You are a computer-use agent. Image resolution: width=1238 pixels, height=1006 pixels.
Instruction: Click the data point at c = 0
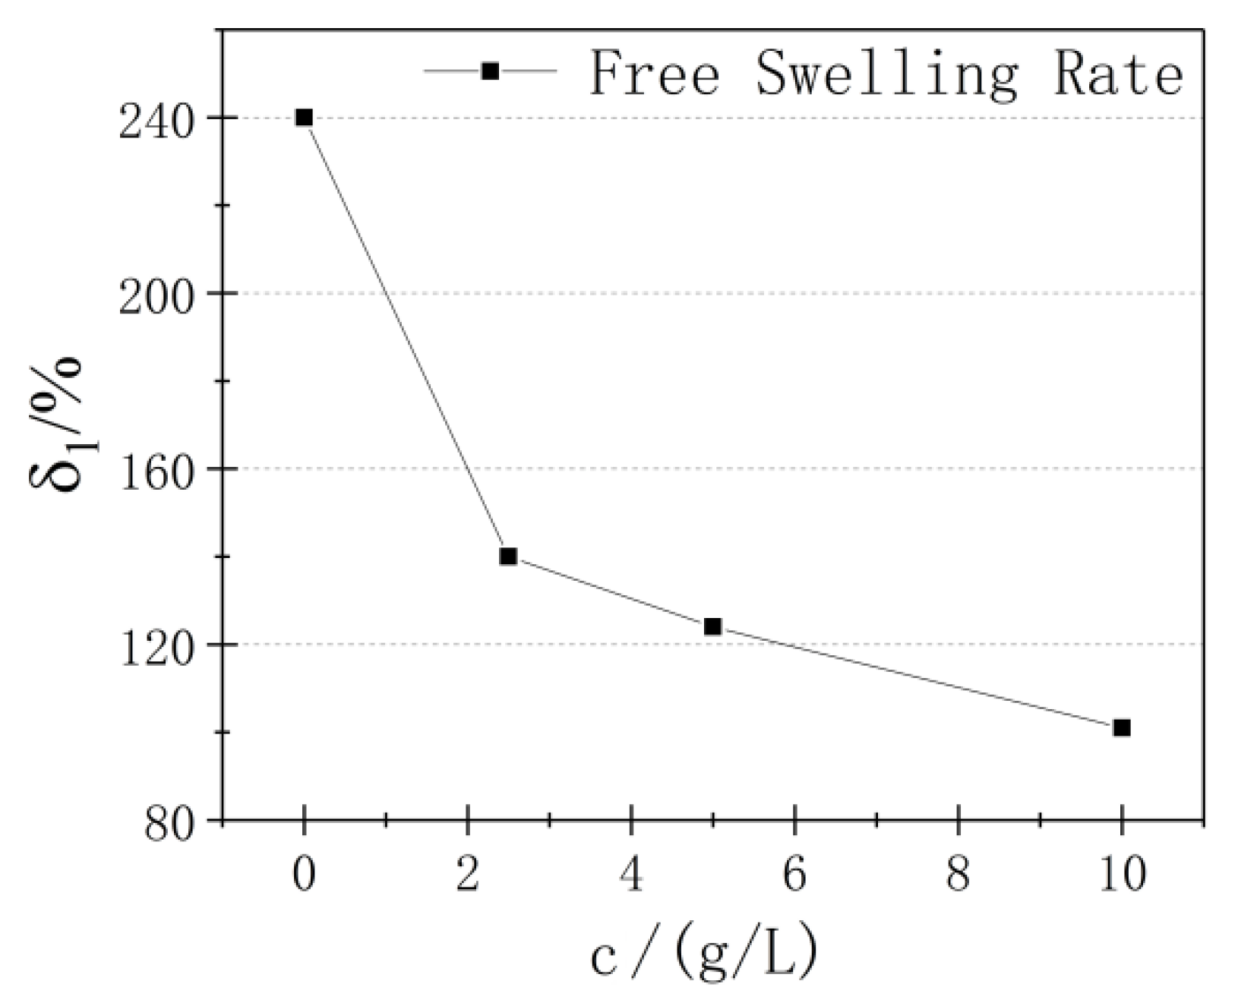pos(304,118)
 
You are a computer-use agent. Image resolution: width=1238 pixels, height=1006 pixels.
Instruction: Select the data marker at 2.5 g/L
pos(508,557)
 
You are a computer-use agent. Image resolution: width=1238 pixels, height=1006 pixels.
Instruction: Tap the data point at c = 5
pos(712,626)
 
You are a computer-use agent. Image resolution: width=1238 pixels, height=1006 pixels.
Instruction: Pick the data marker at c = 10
pos(1121,727)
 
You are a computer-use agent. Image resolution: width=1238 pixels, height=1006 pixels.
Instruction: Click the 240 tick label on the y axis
pos(163,119)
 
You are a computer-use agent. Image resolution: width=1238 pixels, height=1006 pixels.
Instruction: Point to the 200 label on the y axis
pos(163,295)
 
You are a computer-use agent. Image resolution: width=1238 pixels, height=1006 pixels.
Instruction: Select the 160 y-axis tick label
pos(163,470)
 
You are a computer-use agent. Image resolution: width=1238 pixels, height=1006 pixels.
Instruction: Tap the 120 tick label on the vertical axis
pos(163,645)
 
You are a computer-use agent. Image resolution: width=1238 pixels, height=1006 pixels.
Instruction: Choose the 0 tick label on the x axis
pos(304,875)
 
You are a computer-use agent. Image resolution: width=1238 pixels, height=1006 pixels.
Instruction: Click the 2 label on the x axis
pos(467,875)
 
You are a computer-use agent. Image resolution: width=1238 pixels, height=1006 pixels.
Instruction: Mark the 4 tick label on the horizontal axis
pos(631,875)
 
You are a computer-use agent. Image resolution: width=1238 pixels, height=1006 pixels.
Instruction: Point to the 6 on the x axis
pos(794,875)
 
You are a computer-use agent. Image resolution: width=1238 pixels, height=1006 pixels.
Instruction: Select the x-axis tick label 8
pos(959,875)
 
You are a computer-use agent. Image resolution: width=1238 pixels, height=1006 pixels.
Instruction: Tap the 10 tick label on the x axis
pos(1121,875)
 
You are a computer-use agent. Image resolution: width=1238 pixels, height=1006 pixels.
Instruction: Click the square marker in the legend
pos(491,71)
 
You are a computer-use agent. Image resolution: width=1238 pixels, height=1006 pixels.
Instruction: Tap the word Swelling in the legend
pos(886,74)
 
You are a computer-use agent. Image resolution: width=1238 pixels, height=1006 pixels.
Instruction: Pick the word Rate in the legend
pos(1117,73)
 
